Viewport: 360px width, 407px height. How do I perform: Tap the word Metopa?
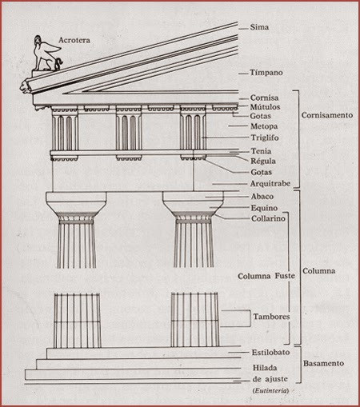point(265,126)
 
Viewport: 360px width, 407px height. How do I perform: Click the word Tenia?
point(261,151)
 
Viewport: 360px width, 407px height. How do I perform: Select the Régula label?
point(264,161)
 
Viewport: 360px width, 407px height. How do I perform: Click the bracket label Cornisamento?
point(329,114)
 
